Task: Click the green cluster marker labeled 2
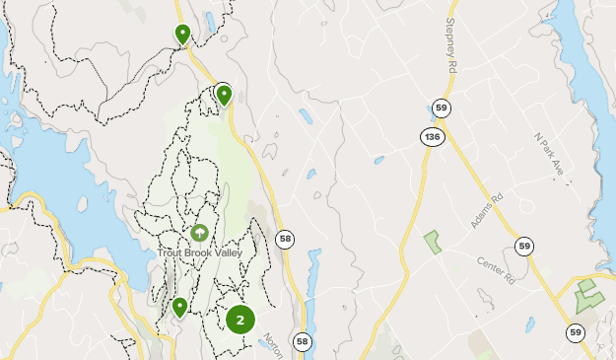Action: click(x=240, y=320)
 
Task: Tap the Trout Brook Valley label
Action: click(x=199, y=252)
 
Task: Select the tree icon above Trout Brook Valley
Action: click(x=199, y=233)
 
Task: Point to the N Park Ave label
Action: click(x=547, y=156)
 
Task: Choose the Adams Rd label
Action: click(x=487, y=210)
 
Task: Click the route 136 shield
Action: click(x=431, y=137)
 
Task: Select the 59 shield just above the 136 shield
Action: click(x=440, y=108)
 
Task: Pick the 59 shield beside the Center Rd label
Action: click(x=522, y=246)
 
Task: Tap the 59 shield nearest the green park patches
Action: click(x=576, y=333)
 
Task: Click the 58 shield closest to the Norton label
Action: click(x=302, y=341)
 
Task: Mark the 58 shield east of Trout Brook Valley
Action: click(x=285, y=239)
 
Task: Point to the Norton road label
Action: click(x=273, y=342)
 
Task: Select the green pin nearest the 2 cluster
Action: click(x=179, y=308)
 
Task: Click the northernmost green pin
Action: click(x=182, y=34)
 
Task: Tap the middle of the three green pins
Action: click(x=224, y=95)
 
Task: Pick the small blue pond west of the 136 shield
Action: click(x=378, y=160)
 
